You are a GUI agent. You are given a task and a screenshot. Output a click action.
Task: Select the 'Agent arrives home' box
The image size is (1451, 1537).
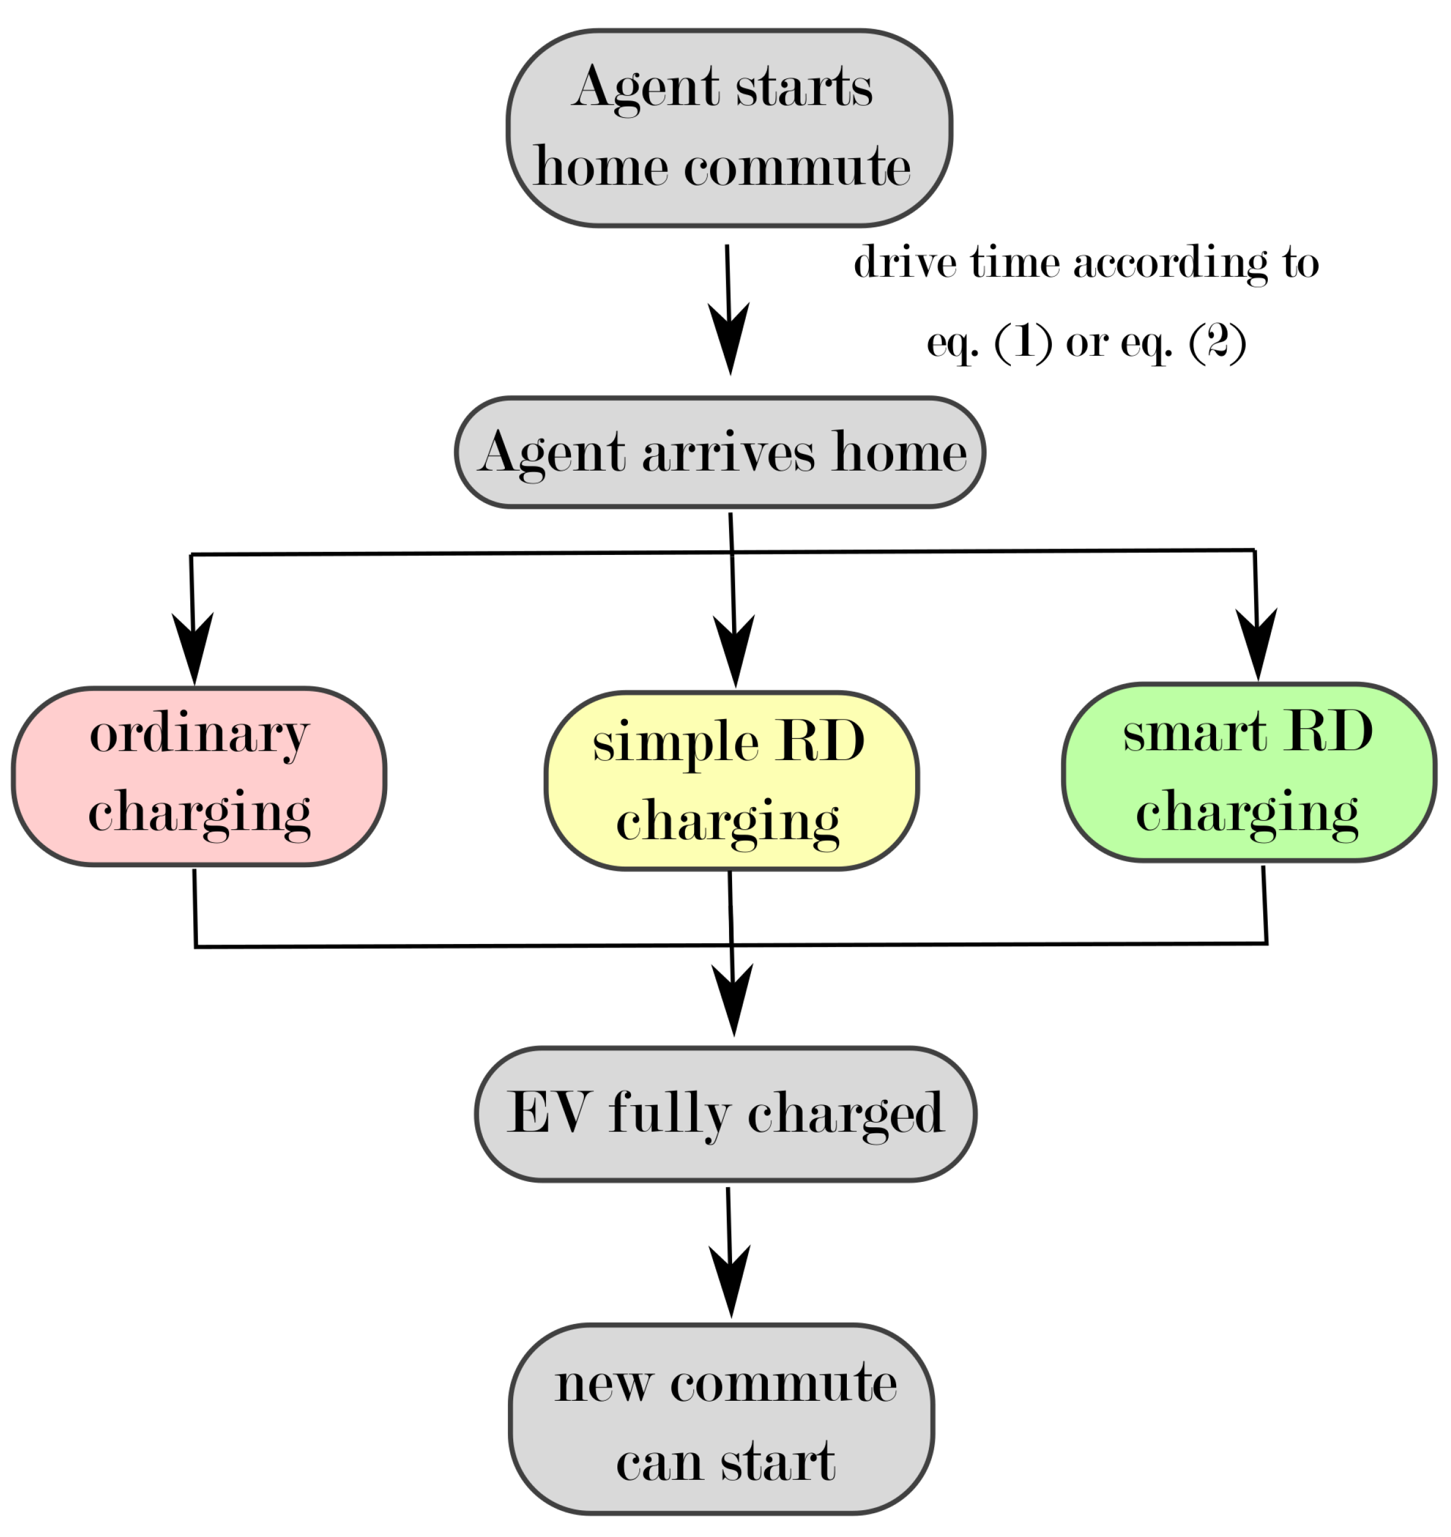[720, 453]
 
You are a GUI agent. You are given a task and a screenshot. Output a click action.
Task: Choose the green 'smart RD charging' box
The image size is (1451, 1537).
[1248, 773]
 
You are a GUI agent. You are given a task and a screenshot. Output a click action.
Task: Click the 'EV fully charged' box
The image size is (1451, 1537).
[725, 1115]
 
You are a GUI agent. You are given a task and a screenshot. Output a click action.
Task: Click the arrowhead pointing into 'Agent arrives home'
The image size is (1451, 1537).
[730, 340]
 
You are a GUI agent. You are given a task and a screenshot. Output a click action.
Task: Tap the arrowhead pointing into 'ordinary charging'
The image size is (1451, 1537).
[193, 650]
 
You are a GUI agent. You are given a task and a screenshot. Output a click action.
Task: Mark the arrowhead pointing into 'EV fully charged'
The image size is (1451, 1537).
[733, 1001]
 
